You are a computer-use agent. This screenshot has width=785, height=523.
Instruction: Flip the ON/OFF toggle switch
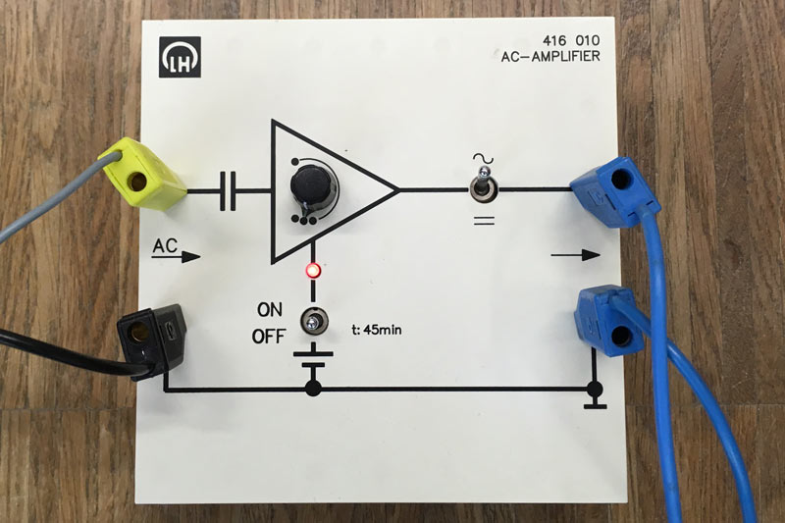[314, 320]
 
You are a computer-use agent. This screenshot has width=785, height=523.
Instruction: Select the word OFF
[268, 337]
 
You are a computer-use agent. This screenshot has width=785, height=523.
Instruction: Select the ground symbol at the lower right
[595, 400]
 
